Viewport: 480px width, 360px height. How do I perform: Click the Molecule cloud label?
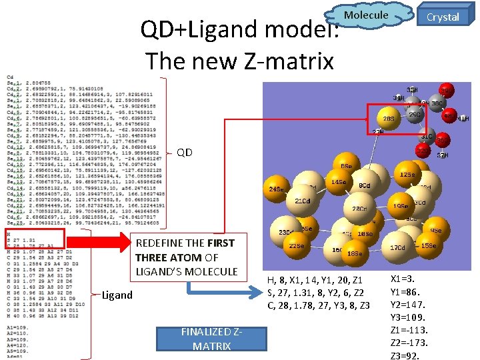click(366, 15)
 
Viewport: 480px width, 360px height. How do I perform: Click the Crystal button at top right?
click(443, 17)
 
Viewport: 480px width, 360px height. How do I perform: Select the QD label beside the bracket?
click(185, 153)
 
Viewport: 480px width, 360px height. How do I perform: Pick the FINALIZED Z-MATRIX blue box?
click(211, 340)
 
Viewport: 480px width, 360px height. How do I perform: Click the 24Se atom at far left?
click(275, 189)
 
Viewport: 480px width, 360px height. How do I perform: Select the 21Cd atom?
click(302, 201)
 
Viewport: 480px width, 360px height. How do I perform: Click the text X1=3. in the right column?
click(403, 279)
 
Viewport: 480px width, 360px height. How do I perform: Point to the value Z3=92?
click(405, 355)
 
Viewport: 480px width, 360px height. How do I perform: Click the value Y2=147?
click(407, 304)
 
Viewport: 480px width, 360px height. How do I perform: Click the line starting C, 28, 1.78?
click(318, 305)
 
